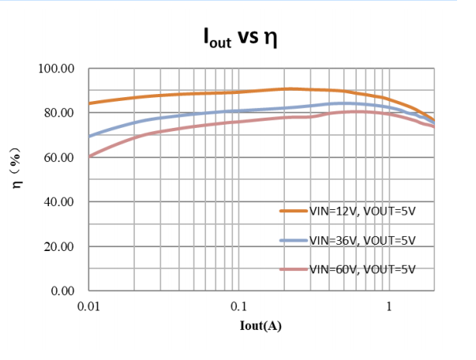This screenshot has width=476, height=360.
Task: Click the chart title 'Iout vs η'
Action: (x=242, y=38)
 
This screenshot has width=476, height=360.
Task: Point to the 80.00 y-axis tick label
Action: (x=59, y=113)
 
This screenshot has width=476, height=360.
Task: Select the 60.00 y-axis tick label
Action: (x=59, y=158)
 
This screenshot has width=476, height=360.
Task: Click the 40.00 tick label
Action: (x=59, y=202)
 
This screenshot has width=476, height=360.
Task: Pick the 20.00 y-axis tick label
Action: (x=59, y=246)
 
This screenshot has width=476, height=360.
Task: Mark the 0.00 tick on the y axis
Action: (x=62, y=291)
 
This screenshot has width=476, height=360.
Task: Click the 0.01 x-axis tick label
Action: (x=88, y=306)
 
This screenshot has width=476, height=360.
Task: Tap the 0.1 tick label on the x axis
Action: (x=238, y=306)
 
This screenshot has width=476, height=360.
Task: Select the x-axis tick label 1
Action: (x=388, y=306)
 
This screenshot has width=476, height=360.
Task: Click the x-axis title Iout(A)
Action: (x=260, y=324)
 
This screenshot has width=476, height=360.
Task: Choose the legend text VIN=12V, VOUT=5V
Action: (x=362, y=211)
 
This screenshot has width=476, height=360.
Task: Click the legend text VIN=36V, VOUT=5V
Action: (x=362, y=240)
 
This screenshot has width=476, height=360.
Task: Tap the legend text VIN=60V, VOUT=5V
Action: (x=362, y=268)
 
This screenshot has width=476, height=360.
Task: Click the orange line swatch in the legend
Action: (x=294, y=211)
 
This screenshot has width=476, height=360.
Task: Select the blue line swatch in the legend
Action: (x=294, y=240)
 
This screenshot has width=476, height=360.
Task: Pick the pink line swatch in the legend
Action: (x=294, y=268)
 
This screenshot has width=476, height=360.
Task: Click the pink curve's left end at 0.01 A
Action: (x=89, y=156)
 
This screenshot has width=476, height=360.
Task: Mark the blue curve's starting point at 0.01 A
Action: (x=89, y=137)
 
